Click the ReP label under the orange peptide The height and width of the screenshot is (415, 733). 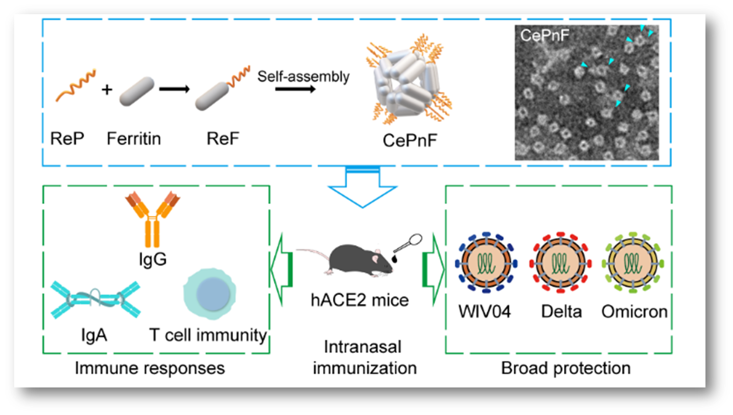67,139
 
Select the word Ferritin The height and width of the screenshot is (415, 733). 134,139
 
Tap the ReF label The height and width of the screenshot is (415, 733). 223,139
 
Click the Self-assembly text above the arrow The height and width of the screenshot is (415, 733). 303,76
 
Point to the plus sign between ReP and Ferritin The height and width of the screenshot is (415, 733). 107,89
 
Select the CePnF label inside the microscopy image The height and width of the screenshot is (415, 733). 544,35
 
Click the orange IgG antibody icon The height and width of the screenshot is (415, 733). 152,219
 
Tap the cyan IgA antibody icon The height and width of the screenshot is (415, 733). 96,300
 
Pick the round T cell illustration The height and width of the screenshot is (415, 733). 210,294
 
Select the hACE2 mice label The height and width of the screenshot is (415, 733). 359,300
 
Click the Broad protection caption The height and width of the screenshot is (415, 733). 566,368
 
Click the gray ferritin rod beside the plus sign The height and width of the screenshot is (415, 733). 136,91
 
